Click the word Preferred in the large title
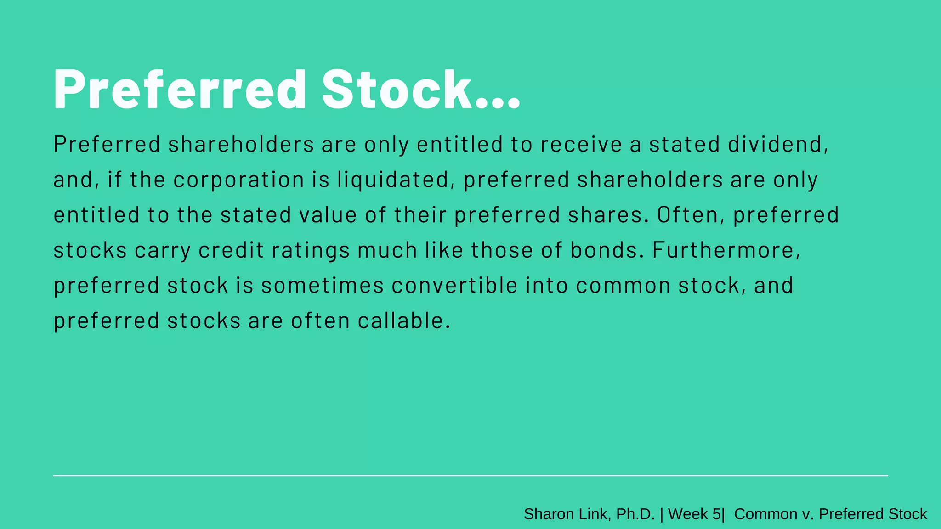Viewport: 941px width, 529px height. (x=180, y=89)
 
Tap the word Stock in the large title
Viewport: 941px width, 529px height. (x=397, y=89)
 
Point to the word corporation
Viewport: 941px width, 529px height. (x=238, y=180)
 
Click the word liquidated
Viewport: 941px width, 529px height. (x=393, y=180)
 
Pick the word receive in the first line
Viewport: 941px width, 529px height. (x=581, y=144)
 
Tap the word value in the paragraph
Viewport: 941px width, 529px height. (x=328, y=215)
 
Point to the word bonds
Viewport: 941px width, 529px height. (x=607, y=250)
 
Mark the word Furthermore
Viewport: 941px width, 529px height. (x=726, y=250)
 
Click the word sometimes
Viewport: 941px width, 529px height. (x=322, y=286)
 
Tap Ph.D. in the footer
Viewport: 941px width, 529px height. (x=635, y=514)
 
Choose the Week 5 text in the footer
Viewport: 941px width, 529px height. (x=694, y=514)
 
